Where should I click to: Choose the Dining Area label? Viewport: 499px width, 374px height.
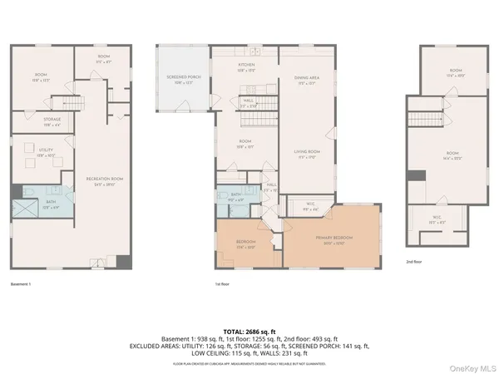click(306, 80)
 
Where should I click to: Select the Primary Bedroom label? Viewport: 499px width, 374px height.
click(335, 239)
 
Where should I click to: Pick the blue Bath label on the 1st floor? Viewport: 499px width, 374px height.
click(235, 197)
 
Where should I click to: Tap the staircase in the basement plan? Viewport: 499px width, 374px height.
click(71, 104)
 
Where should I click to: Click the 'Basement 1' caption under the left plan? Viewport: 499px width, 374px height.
click(23, 284)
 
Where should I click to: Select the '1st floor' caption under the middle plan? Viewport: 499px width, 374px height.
click(222, 284)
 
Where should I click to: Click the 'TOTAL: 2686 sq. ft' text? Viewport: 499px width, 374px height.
click(249, 331)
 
